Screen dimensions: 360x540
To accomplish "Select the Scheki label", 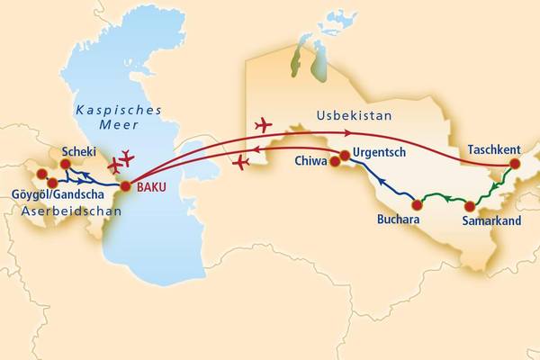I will (x=78, y=152).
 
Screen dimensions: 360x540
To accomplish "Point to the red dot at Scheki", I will (x=66, y=165).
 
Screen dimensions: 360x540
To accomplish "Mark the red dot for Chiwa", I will (x=335, y=163).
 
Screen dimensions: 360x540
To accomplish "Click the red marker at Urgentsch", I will (x=345, y=156).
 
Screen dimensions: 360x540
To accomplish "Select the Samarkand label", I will (x=491, y=220).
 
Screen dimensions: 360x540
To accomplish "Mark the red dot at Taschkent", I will (x=515, y=165).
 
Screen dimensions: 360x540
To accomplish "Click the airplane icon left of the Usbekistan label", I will (x=263, y=123).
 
